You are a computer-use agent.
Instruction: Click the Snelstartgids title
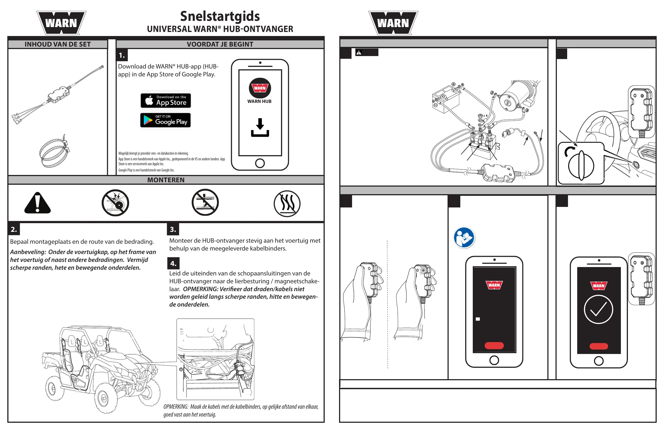point(220,16)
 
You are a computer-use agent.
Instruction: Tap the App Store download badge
point(166,100)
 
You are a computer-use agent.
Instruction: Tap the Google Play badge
point(165,120)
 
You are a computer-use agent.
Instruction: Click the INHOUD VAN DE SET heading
point(58,44)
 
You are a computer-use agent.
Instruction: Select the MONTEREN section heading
point(166,180)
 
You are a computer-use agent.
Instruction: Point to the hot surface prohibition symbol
point(287,203)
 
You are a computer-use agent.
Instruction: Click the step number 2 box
point(14,229)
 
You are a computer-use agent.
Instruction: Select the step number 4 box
point(173,263)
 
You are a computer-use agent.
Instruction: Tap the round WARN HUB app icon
point(260,88)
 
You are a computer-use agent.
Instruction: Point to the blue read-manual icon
point(464,238)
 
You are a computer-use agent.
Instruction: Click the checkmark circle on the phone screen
point(598,309)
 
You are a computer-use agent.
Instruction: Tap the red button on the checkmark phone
point(598,346)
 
